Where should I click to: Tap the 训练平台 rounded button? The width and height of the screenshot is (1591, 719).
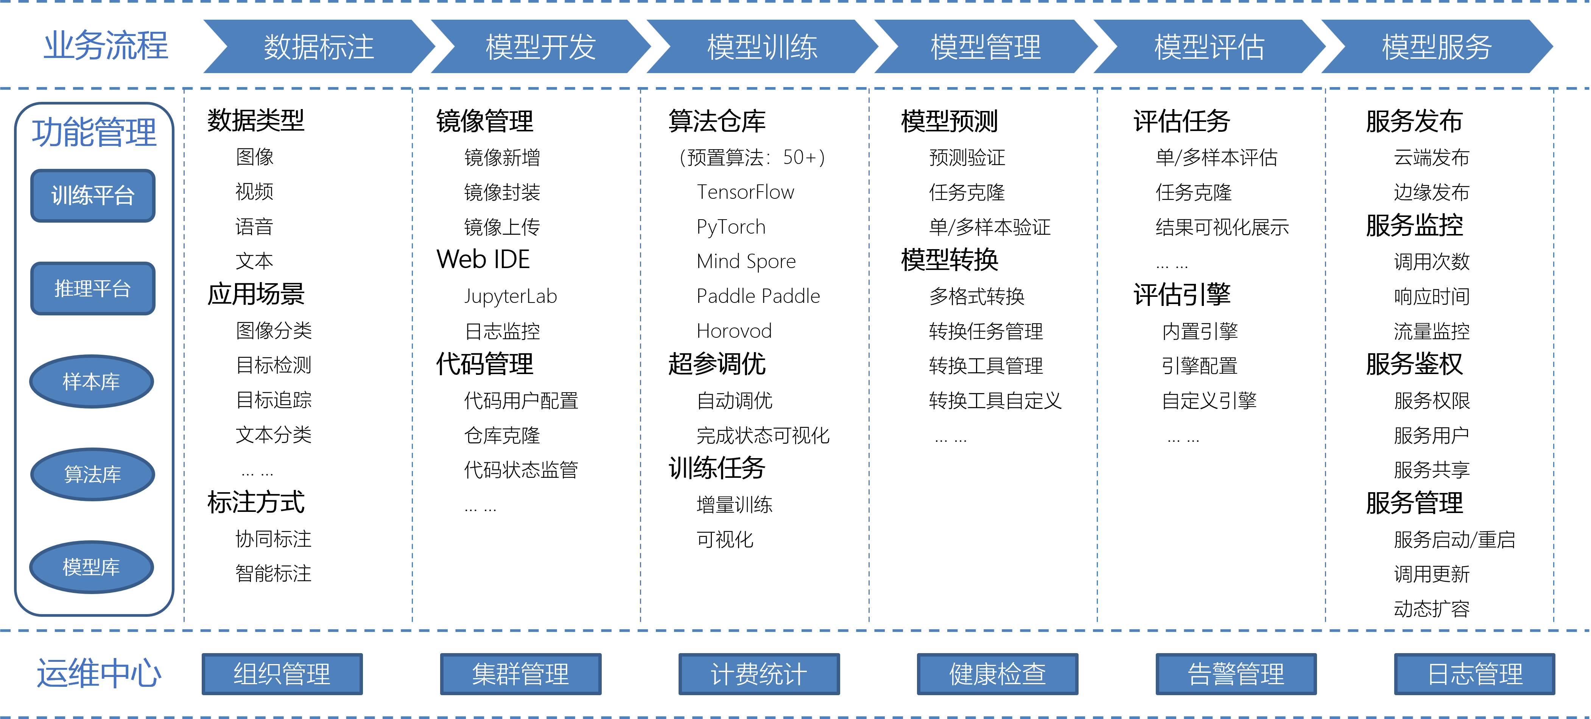[93, 196]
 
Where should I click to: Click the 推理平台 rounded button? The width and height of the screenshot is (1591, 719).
[93, 289]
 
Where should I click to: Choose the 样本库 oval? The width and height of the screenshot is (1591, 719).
[92, 381]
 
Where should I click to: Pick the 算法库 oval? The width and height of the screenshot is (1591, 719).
[93, 474]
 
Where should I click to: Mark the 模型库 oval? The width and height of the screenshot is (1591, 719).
[92, 567]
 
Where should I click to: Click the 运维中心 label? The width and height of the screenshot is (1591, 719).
[99, 673]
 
